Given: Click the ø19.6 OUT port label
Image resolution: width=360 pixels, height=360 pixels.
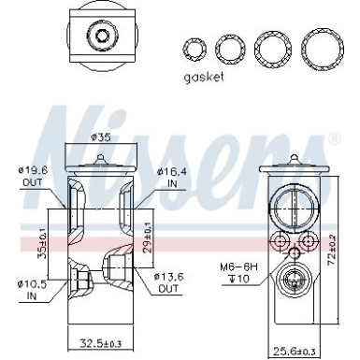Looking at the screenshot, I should tap(35, 177).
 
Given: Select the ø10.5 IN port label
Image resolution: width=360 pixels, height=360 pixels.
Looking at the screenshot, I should tap(32, 288).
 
